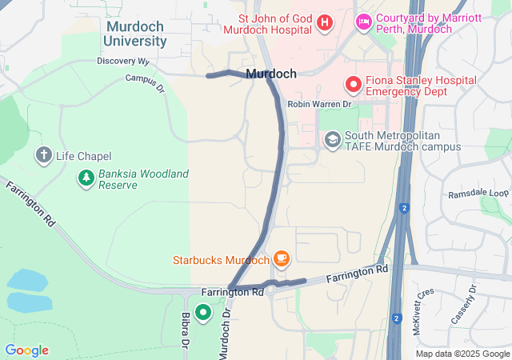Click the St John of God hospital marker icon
[x=324, y=22]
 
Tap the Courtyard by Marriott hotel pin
[x=362, y=21]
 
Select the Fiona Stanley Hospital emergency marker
[x=352, y=84]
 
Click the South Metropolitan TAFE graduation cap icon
[x=331, y=140]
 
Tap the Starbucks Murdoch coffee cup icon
[x=281, y=258]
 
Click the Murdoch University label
[x=136, y=34]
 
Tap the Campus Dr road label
[x=144, y=82]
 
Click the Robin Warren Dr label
[x=319, y=104]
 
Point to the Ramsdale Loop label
[x=478, y=194]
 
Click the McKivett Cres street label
[x=424, y=302]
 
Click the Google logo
[x=26, y=350]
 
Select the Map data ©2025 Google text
[x=462, y=354]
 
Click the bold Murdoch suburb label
[x=272, y=74]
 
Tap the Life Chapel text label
[x=84, y=156]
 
